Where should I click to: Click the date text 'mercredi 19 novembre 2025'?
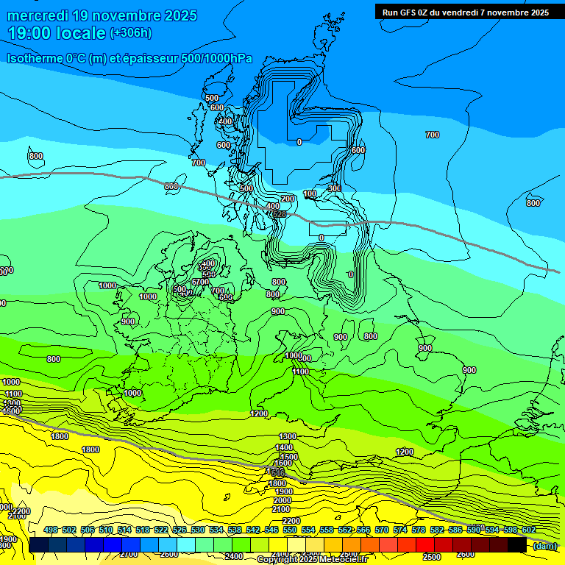click(102, 15)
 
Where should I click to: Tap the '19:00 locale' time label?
click(57, 33)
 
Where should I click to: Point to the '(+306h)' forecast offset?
click(130, 33)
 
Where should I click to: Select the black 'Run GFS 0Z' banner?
click(465, 12)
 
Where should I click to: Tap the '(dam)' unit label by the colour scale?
click(544, 545)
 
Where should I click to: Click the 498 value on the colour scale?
click(51, 530)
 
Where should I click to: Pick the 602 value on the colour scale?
click(528, 530)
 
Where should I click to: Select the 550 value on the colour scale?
click(290, 530)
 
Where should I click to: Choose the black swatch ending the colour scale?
click(517, 544)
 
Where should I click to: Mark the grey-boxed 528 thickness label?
click(279, 214)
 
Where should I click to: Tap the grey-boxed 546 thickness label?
click(277, 471)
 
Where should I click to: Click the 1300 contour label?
click(288, 436)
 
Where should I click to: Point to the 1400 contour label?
click(285, 447)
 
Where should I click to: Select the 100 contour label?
click(310, 193)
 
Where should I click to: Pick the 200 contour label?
click(288, 199)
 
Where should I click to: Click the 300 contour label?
click(334, 188)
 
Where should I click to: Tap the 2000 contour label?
click(282, 500)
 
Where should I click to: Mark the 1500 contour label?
click(289, 456)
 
